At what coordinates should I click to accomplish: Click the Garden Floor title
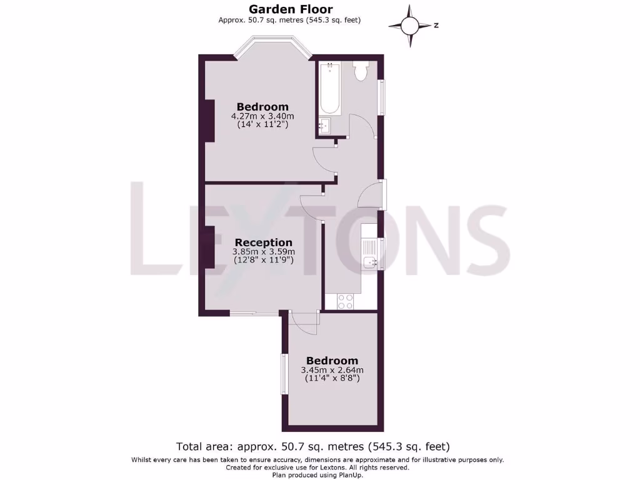click(x=290, y=9)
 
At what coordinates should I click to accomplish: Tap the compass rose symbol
click(x=410, y=26)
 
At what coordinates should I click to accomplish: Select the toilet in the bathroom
click(x=360, y=71)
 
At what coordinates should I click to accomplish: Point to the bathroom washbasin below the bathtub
click(x=325, y=126)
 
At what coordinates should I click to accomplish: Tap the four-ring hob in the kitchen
click(x=346, y=301)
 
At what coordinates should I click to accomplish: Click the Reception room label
click(x=263, y=242)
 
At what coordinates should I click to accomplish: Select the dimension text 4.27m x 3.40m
click(x=262, y=116)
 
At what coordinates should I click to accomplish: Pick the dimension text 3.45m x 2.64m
click(x=332, y=370)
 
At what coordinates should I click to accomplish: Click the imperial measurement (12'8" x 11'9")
click(x=263, y=259)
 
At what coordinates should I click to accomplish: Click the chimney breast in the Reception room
click(x=209, y=247)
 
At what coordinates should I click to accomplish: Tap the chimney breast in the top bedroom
click(x=209, y=120)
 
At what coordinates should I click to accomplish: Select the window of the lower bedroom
click(x=284, y=374)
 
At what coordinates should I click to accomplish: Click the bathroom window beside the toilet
click(x=381, y=97)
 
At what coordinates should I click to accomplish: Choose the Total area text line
click(x=313, y=446)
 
